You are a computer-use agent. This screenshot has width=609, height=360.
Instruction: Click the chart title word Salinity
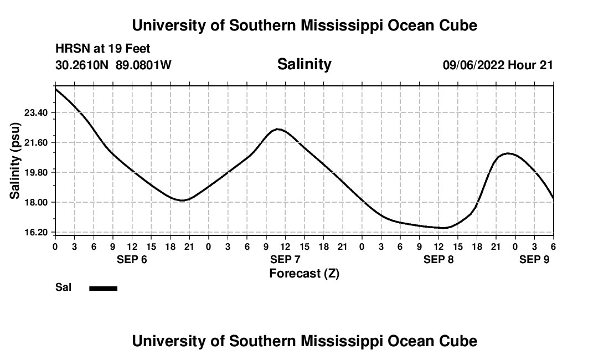click(x=304, y=64)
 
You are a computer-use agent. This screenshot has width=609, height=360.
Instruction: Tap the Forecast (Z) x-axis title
click(x=304, y=273)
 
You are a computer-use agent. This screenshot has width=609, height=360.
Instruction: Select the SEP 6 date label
click(x=132, y=260)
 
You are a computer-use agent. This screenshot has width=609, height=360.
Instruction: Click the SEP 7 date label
click(x=285, y=260)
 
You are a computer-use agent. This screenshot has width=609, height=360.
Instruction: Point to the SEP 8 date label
click(x=438, y=260)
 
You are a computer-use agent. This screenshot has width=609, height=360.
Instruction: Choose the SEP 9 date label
click(x=534, y=260)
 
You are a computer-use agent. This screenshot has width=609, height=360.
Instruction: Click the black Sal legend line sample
click(x=104, y=288)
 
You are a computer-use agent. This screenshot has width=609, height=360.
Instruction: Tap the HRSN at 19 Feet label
click(x=103, y=49)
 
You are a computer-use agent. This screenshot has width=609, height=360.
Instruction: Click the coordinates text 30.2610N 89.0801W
click(x=113, y=65)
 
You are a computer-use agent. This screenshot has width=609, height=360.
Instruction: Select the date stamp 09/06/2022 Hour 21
click(x=498, y=65)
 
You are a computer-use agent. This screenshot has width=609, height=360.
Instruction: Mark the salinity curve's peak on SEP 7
click(x=278, y=129)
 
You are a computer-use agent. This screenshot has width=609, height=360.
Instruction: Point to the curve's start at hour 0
click(x=55, y=89)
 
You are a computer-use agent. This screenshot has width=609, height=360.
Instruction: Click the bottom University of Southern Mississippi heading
click(x=304, y=341)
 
